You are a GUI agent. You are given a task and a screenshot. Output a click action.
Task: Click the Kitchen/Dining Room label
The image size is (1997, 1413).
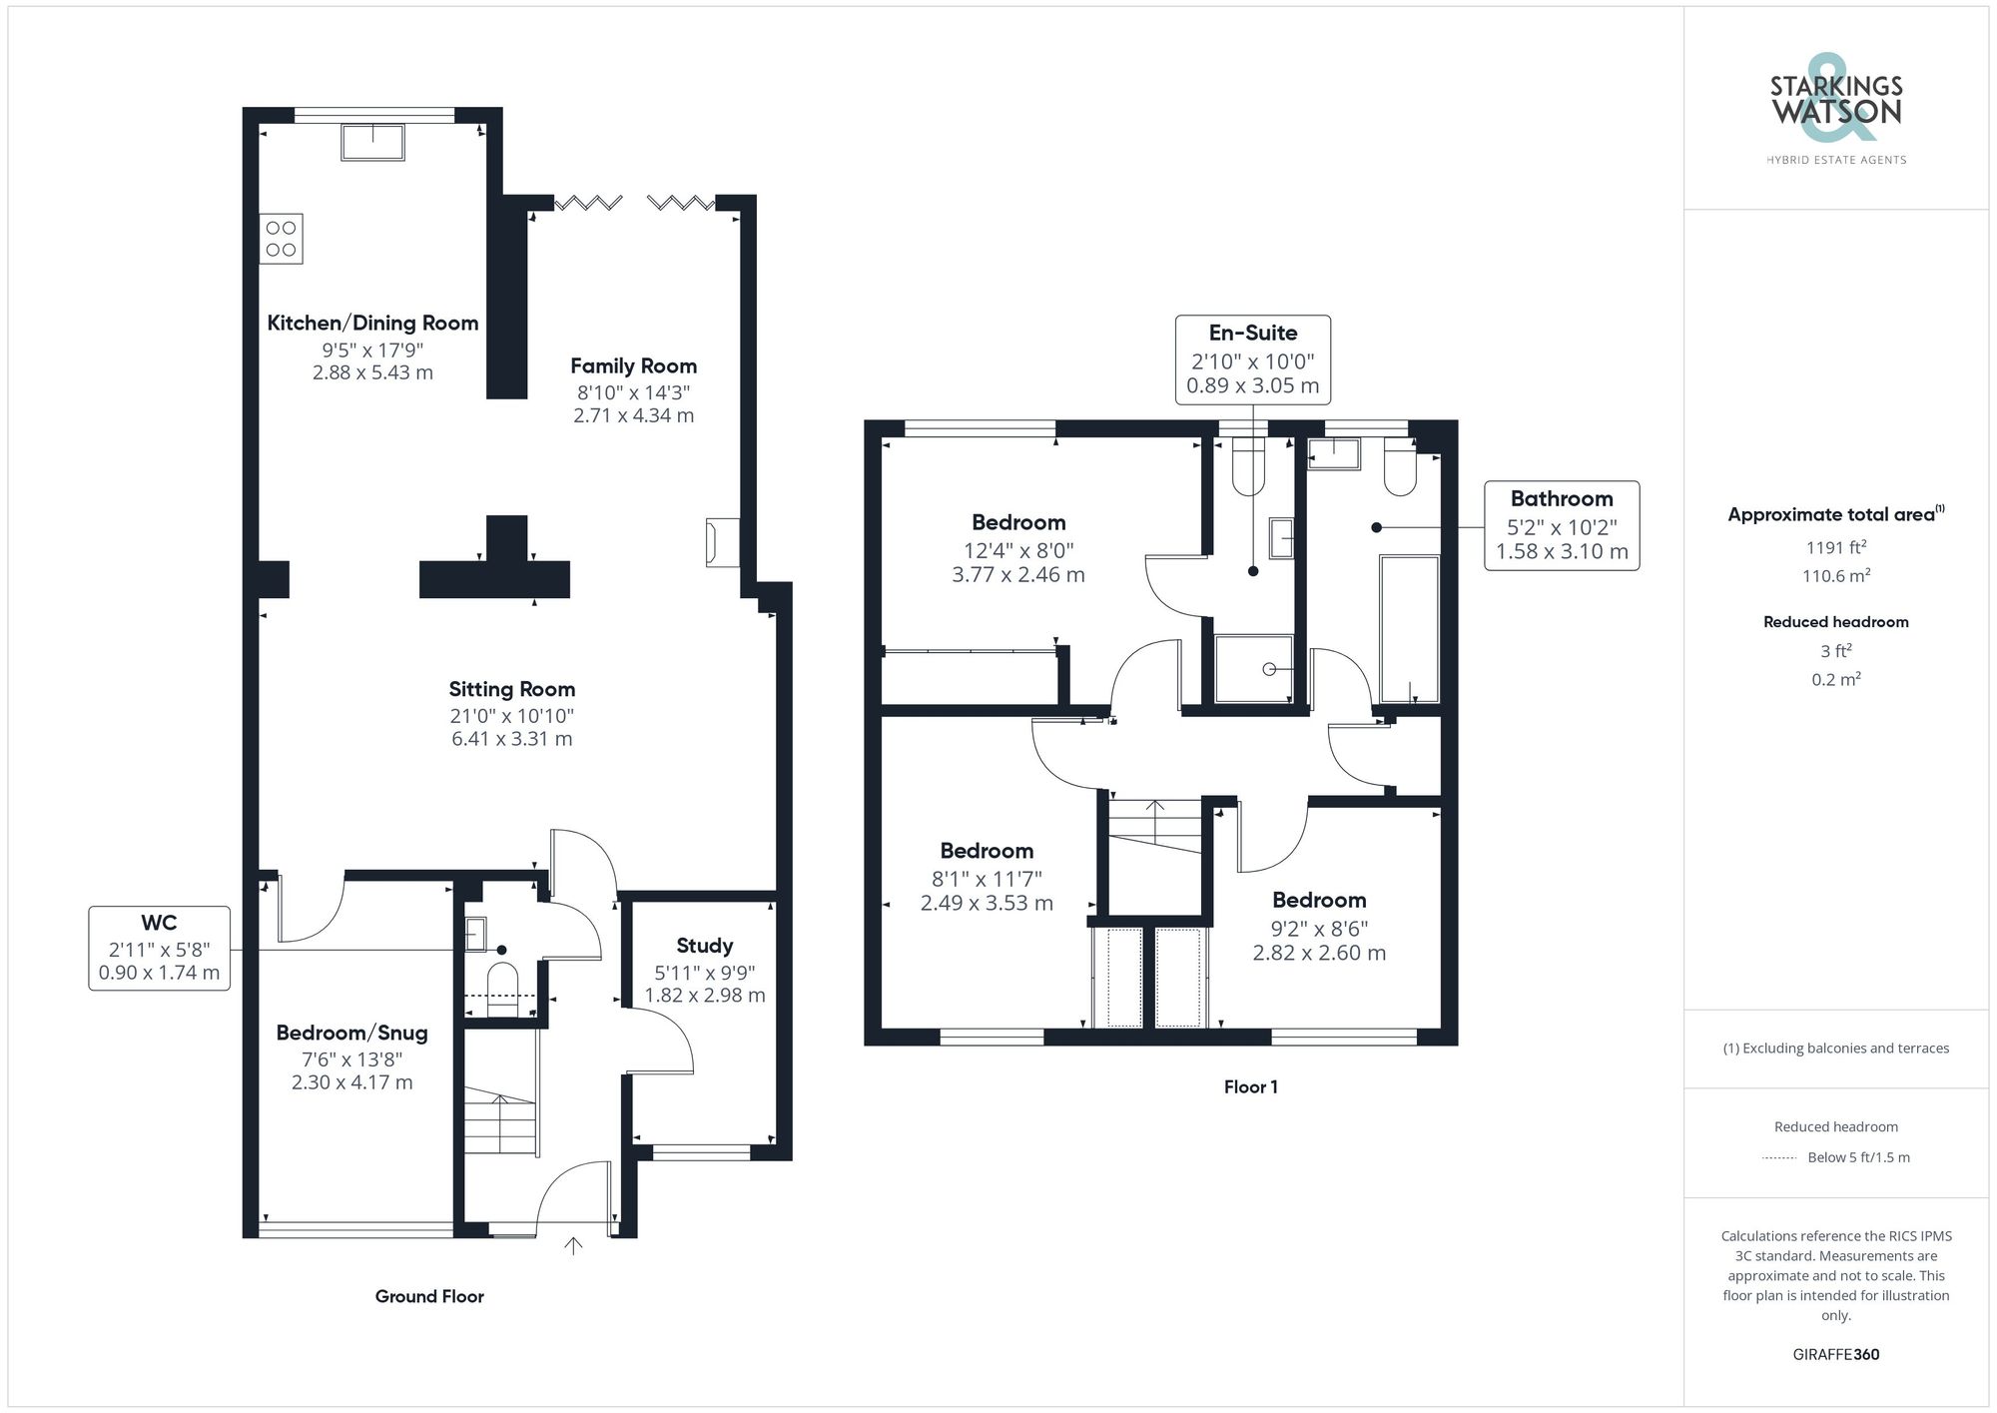(x=372, y=323)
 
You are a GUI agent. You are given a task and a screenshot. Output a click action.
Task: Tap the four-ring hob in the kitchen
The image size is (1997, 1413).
(x=282, y=239)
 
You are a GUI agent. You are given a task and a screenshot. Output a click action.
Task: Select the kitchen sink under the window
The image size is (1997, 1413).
(x=372, y=142)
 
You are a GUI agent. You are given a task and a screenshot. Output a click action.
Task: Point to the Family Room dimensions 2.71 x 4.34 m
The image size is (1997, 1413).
(x=633, y=415)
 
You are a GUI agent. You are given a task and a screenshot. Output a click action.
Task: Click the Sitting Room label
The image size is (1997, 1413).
(x=511, y=689)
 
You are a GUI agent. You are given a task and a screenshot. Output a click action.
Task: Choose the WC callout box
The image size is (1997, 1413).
(x=160, y=948)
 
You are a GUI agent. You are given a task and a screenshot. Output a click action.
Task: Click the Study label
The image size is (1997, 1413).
(x=704, y=946)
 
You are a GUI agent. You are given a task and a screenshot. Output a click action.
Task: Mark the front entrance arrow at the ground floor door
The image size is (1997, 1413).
(x=573, y=1245)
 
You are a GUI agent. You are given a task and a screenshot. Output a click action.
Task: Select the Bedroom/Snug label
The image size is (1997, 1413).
(x=351, y=1033)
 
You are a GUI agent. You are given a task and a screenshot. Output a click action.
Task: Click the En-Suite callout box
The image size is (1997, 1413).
(x=1252, y=359)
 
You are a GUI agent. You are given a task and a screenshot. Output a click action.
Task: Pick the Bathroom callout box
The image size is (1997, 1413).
(x=1561, y=525)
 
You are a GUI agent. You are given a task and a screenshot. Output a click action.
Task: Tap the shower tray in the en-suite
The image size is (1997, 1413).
(x=1253, y=668)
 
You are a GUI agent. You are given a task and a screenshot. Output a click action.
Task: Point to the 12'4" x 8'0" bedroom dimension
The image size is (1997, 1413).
(x=1018, y=550)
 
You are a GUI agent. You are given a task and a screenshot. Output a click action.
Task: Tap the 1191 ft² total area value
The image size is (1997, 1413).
(x=1835, y=547)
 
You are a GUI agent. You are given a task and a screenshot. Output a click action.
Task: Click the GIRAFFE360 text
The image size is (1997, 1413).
(x=1835, y=1354)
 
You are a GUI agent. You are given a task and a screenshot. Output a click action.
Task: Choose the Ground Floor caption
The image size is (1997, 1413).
(x=429, y=1296)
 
